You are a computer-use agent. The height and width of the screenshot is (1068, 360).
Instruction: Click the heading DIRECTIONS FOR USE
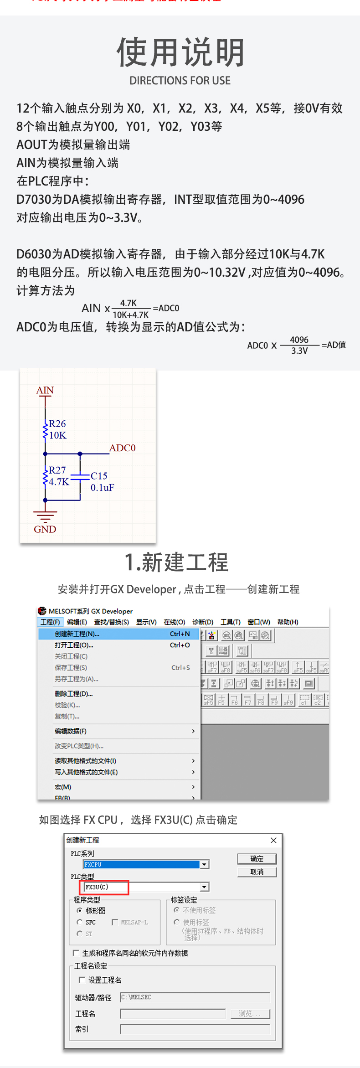[180, 81]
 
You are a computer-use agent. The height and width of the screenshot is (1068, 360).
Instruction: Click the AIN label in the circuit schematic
[45, 390]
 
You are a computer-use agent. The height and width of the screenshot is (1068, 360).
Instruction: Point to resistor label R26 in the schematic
[57, 423]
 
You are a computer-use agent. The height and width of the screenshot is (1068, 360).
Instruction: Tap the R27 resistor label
[57, 470]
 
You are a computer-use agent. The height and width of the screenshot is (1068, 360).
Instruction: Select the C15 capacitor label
[99, 476]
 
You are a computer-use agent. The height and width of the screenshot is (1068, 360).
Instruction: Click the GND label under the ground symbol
[45, 529]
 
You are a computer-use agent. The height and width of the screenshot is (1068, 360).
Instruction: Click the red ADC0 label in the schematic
[122, 448]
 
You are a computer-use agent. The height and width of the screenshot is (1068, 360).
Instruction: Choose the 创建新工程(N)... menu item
[77, 634]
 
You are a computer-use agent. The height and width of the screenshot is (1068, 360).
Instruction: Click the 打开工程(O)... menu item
[74, 645]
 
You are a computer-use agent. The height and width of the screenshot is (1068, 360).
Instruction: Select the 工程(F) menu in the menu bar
[50, 622]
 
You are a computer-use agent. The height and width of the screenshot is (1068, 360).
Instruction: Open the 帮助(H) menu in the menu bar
[288, 622]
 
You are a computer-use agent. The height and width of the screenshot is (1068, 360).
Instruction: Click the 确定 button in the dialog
[257, 859]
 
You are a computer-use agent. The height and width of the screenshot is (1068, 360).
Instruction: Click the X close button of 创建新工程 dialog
[273, 840]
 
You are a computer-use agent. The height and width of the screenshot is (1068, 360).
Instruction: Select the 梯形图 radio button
[80, 910]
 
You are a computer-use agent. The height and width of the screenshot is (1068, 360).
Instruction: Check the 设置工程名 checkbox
[82, 980]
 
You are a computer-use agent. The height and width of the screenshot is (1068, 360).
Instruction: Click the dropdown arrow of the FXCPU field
[205, 864]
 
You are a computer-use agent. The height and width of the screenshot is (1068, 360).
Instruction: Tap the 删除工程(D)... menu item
[73, 694]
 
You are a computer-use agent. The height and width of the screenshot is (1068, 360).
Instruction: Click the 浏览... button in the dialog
[250, 1013]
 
